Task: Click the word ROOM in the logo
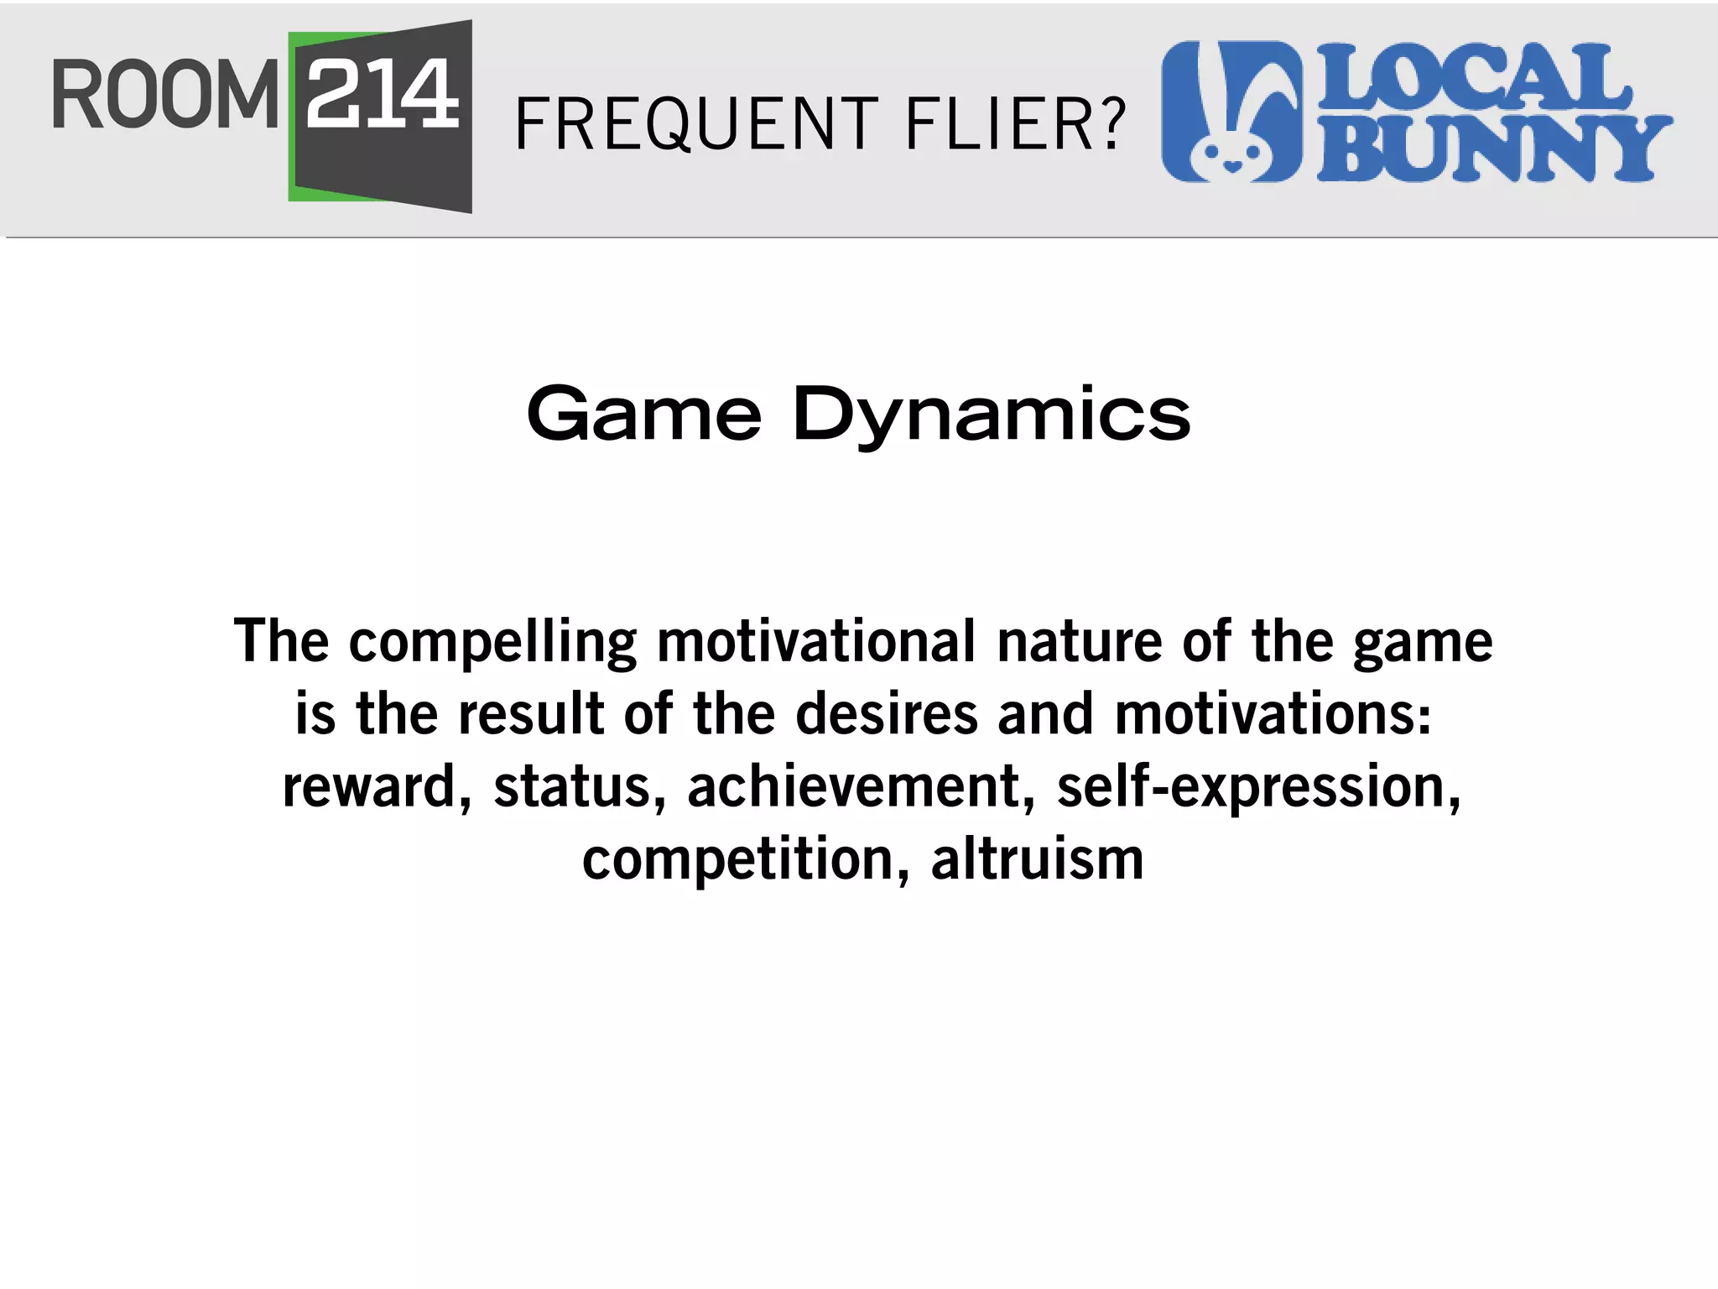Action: pos(164,94)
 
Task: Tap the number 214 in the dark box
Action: pos(383,94)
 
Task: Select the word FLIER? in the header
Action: pos(1015,124)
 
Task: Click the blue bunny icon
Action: pos(1231,111)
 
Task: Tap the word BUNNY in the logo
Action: pos(1494,149)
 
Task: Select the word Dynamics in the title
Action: pos(991,415)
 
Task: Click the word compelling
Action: pos(492,643)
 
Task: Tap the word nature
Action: pos(1079,643)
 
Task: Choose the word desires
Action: pos(886,714)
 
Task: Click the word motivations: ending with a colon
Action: pos(1273,714)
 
